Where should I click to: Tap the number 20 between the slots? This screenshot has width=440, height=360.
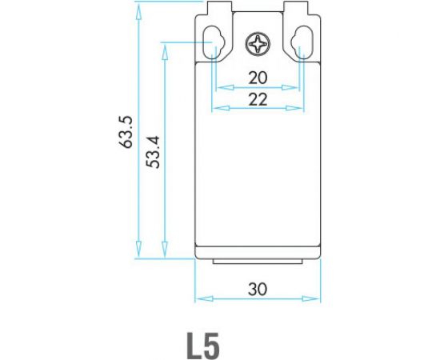coord(258,78)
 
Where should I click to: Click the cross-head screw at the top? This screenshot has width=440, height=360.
coord(259,44)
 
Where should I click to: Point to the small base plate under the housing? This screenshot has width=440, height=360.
coord(258,263)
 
